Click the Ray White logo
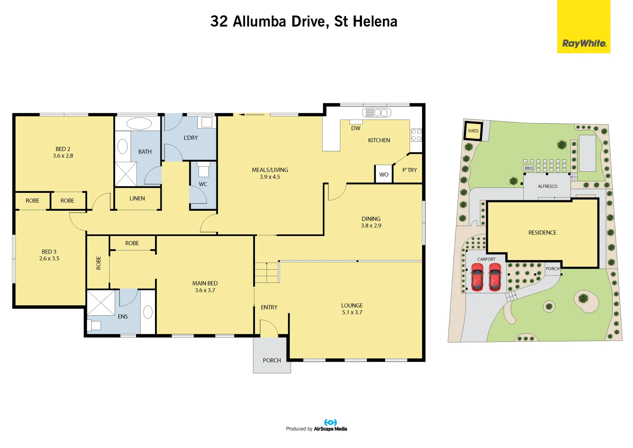click(x=584, y=27)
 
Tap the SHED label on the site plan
click(x=473, y=131)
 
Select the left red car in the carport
click(x=477, y=277)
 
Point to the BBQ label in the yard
click(x=529, y=168)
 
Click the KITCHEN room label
click(x=379, y=140)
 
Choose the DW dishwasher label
click(x=356, y=129)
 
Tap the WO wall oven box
click(x=383, y=174)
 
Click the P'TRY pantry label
click(x=410, y=170)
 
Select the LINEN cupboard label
click(x=137, y=199)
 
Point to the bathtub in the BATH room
click(x=139, y=124)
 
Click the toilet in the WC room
click(x=203, y=169)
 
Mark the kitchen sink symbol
click(x=377, y=112)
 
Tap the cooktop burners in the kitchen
click(x=416, y=135)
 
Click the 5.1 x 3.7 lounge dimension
click(x=352, y=312)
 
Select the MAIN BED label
click(x=205, y=283)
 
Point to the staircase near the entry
click(x=267, y=273)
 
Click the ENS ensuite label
click(x=123, y=317)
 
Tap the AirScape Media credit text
click(x=330, y=429)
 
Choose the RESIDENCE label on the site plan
click(x=542, y=233)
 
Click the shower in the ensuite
click(x=101, y=303)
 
